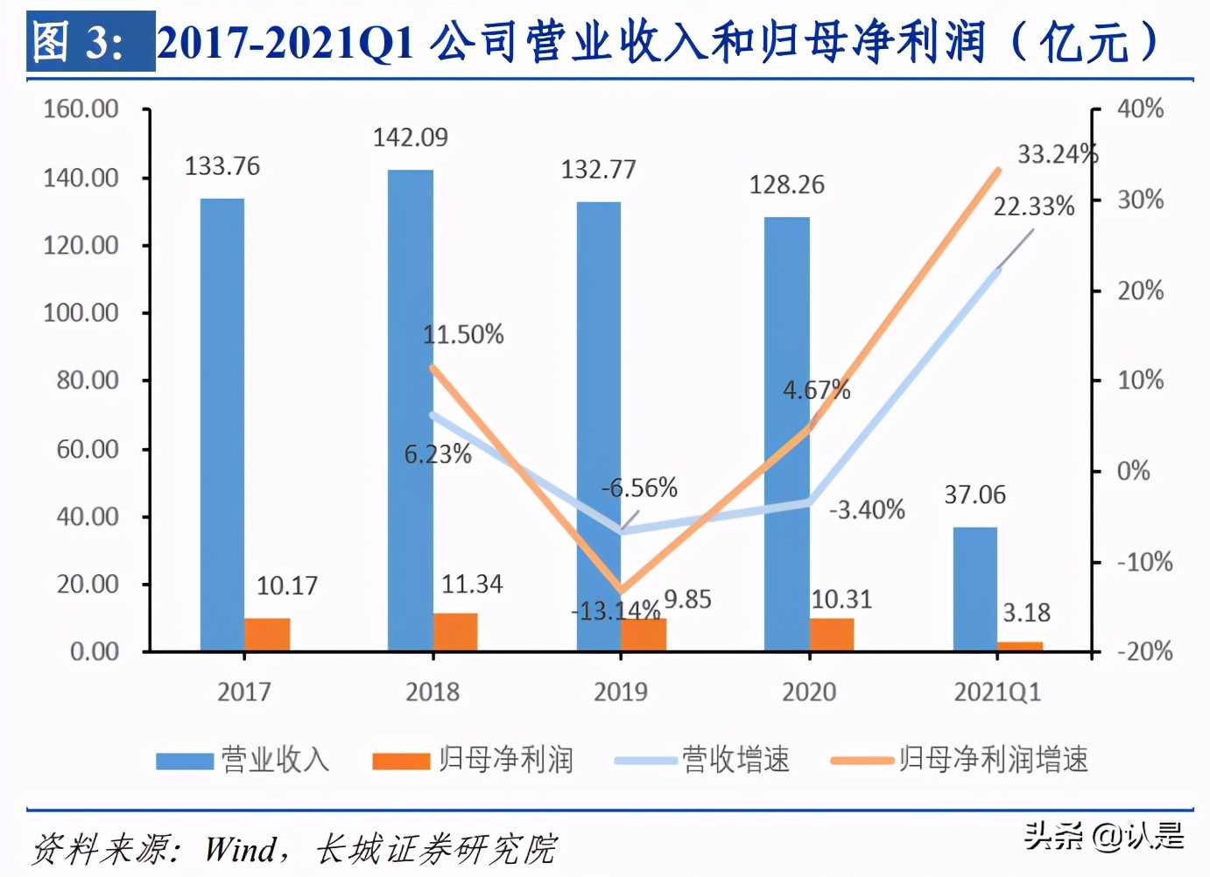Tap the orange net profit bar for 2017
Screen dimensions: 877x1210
pyautogui.click(x=267, y=635)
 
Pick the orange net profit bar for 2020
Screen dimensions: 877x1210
pyautogui.click(x=831, y=635)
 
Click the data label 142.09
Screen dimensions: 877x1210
pyautogui.click(x=410, y=137)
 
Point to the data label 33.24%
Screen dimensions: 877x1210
pyautogui.click(x=1057, y=154)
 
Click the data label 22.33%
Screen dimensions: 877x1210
pyautogui.click(x=1033, y=207)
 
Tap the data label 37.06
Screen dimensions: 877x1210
pyautogui.click(x=974, y=495)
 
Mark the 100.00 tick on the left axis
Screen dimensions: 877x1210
pyautogui.click(x=81, y=312)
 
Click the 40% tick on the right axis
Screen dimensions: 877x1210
pyautogui.click(x=1140, y=109)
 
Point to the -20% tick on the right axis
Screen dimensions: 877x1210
pyautogui.click(x=1143, y=651)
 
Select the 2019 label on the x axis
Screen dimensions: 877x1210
pyautogui.click(x=620, y=692)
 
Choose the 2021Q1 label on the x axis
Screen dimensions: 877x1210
pyautogui.click(x=997, y=692)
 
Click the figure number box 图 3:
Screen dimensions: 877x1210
pyautogui.click(x=89, y=41)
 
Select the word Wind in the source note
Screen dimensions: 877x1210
pyautogui.click(x=240, y=848)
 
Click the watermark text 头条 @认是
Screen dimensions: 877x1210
pyautogui.click(x=1103, y=836)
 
